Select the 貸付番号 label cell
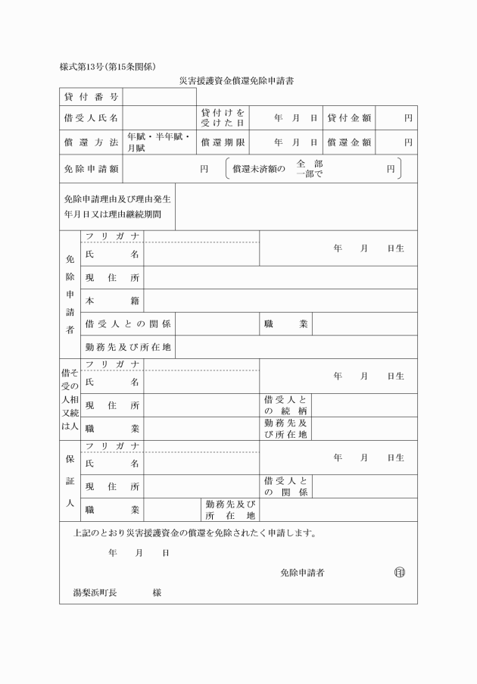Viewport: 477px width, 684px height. click(91, 97)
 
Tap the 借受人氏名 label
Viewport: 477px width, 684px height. click(91, 119)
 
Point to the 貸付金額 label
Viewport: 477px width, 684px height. click(348, 119)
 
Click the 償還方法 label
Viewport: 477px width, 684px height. click(91, 142)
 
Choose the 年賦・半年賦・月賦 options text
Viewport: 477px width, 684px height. click(158, 142)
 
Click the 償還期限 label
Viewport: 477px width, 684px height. click(223, 142)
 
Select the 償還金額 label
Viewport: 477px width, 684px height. click(348, 142)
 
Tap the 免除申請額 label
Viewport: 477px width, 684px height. click(91, 170)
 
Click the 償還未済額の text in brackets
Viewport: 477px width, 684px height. click(259, 170)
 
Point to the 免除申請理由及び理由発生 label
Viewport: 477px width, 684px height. click(117, 199)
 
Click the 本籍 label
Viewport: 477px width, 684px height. click(112, 301)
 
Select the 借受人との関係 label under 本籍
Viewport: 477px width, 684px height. click(127, 324)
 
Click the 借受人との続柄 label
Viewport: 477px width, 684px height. click(285, 405)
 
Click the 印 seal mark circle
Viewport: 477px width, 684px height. click(399, 573)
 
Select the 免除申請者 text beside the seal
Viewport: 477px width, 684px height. click(302, 573)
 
